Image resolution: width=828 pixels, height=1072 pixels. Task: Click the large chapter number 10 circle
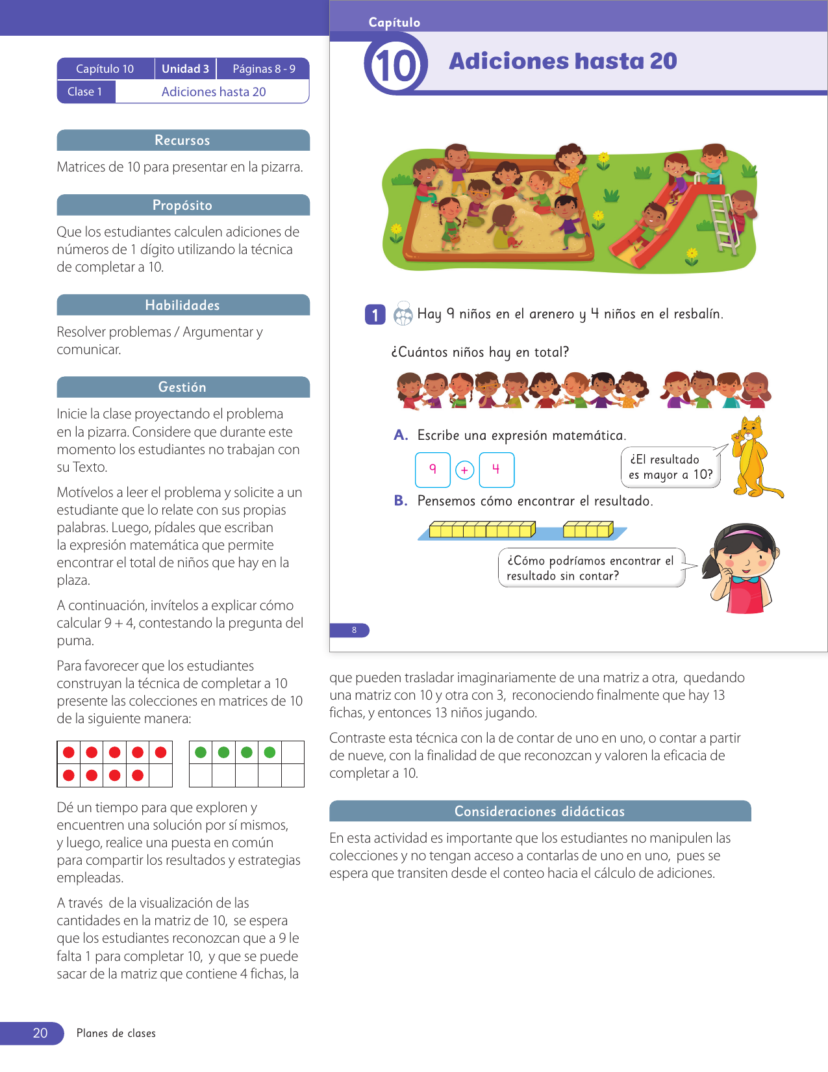pyautogui.click(x=395, y=65)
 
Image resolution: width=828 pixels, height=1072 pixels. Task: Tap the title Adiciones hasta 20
pyautogui.click(x=562, y=61)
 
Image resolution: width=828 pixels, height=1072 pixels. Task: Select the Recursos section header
pyautogui.click(x=182, y=140)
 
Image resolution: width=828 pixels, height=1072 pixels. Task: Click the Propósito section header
pyautogui.click(x=182, y=205)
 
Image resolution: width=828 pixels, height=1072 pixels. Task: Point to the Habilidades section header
pyautogui.click(x=182, y=305)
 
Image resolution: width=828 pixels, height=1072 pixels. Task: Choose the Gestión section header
pyautogui.click(x=182, y=387)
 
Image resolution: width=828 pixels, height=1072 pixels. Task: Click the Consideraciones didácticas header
pyautogui.click(x=539, y=811)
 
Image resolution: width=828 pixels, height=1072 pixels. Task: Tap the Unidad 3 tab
pyautogui.click(x=185, y=69)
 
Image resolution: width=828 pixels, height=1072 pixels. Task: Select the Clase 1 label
pyautogui.click(x=85, y=92)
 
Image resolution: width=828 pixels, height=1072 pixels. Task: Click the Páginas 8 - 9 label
pyautogui.click(x=264, y=69)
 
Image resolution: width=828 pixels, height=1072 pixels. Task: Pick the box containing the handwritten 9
pyautogui.click(x=433, y=470)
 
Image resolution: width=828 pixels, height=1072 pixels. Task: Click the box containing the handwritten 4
pyautogui.click(x=496, y=470)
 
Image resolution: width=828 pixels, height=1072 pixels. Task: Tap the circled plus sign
pyautogui.click(x=464, y=470)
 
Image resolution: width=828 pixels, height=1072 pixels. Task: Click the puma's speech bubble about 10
pyautogui.click(x=670, y=467)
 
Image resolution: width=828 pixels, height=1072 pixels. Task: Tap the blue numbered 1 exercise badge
pyautogui.click(x=375, y=315)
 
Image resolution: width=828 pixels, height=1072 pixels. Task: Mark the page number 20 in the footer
pyautogui.click(x=40, y=1033)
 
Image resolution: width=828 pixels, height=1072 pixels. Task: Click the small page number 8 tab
pyautogui.click(x=353, y=630)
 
